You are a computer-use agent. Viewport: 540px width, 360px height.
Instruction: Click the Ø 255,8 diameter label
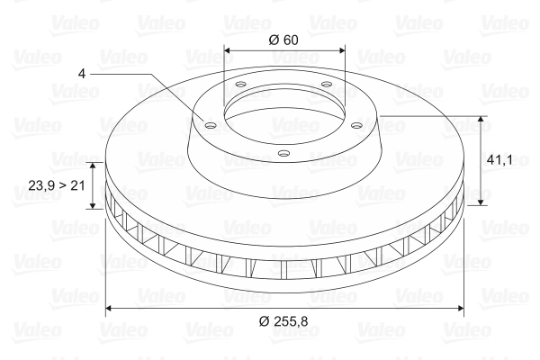pos(284,321)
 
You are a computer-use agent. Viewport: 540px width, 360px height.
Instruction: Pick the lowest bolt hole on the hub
pos(283,154)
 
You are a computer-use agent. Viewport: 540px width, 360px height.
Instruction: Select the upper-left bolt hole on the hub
pos(240,87)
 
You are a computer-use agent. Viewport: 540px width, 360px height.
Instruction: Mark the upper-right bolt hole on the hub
pos(326,86)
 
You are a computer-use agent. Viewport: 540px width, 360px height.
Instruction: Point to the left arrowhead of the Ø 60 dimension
pos(227,51)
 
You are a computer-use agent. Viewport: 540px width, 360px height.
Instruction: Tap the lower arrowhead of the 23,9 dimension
pos(92,205)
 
